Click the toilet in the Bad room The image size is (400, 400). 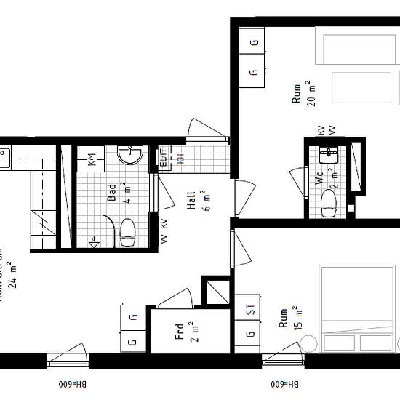[128, 231]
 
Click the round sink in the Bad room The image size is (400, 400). [133, 155]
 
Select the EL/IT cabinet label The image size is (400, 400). [163, 158]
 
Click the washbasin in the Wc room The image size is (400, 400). [329, 153]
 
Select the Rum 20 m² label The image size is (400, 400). [300, 95]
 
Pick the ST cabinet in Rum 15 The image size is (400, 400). [250, 308]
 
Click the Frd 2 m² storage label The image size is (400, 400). [183, 332]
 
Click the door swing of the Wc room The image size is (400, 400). [298, 181]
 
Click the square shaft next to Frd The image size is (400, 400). [215, 291]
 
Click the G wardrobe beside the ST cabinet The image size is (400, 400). [250, 335]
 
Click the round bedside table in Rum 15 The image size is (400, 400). [310, 342]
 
